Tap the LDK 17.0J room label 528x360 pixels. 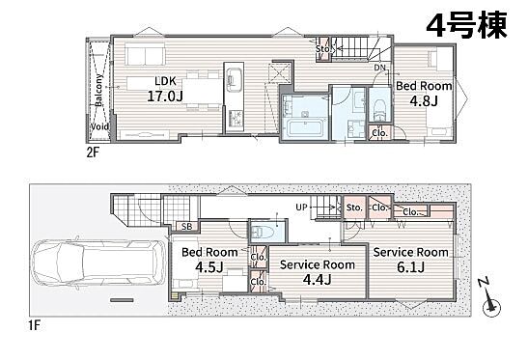click(x=165, y=89)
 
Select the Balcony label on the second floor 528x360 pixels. click(x=98, y=91)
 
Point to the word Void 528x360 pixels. click(x=100, y=126)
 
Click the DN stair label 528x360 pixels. click(x=380, y=68)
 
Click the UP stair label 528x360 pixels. click(x=301, y=208)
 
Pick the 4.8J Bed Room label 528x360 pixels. click(x=424, y=93)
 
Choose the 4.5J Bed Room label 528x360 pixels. click(x=209, y=260)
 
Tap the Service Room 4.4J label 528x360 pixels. click(x=318, y=272)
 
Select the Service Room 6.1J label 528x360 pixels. click(x=411, y=260)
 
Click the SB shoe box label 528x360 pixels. click(x=187, y=227)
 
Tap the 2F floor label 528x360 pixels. click(x=93, y=153)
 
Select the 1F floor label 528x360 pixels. click(x=34, y=325)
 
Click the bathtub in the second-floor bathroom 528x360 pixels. click(x=304, y=129)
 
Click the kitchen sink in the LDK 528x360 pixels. click(x=234, y=79)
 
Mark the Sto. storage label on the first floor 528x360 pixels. click(x=354, y=208)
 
